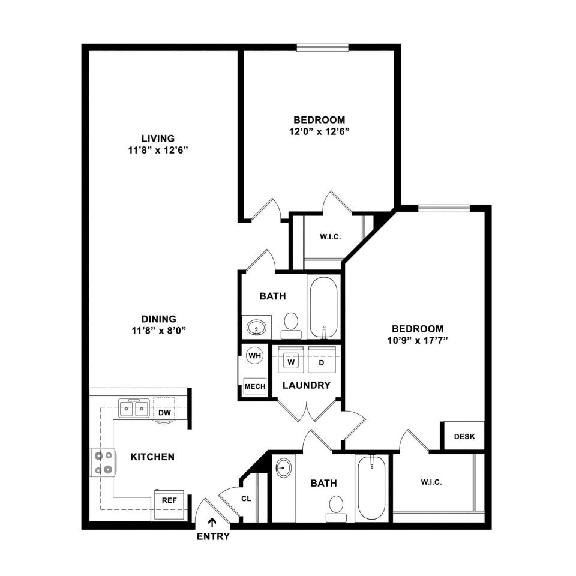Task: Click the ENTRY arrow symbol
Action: point(212,523)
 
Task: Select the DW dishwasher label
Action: point(164,413)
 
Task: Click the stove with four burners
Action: point(104,463)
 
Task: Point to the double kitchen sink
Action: point(133,408)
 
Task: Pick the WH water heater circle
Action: point(255,356)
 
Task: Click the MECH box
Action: point(255,386)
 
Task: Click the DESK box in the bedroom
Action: point(464,436)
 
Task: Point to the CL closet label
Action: point(246,499)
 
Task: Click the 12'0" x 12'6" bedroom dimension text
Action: point(319,131)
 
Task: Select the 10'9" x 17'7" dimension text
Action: point(418,340)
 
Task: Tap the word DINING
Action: point(159,319)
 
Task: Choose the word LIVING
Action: point(158,139)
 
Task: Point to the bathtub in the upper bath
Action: point(323,307)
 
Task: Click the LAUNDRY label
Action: point(307,385)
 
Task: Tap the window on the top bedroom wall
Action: point(323,47)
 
